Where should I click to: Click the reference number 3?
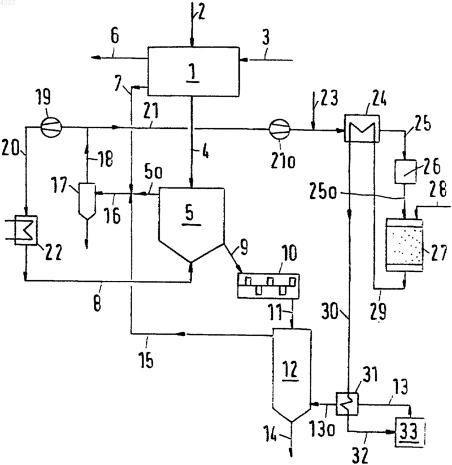266,37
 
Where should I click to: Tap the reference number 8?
98,303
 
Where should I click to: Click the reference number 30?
330,311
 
